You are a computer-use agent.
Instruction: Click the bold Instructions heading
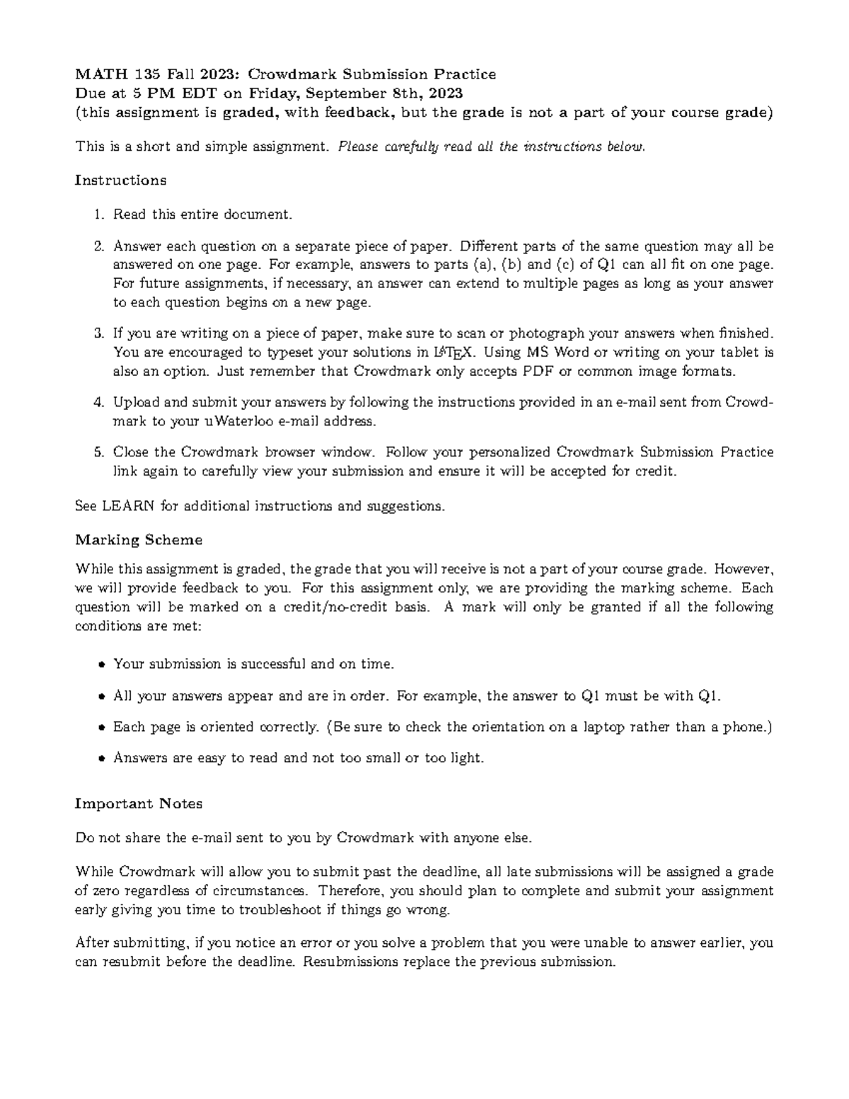point(120,180)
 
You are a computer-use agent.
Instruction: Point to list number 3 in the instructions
point(99,333)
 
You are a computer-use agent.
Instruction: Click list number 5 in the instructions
point(99,452)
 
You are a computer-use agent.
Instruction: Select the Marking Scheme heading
point(139,540)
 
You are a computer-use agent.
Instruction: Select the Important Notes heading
point(139,804)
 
